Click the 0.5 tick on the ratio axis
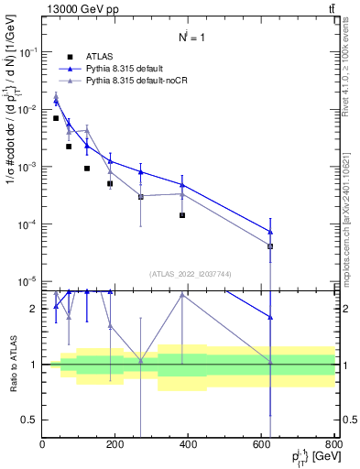(30, 420)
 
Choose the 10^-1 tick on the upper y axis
(28, 52)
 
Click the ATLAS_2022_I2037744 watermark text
(189, 274)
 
